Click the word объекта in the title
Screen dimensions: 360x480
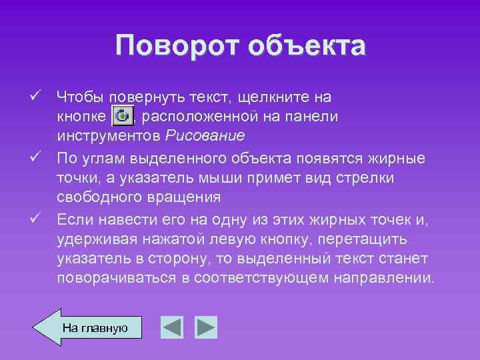pos(307,46)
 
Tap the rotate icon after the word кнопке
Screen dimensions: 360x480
pos(123,116)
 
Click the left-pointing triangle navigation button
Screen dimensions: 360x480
pos(172,327)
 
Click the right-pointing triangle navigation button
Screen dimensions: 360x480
pos(206,327)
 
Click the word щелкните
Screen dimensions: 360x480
pos(284,97)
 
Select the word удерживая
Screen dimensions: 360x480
pos(93,238)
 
